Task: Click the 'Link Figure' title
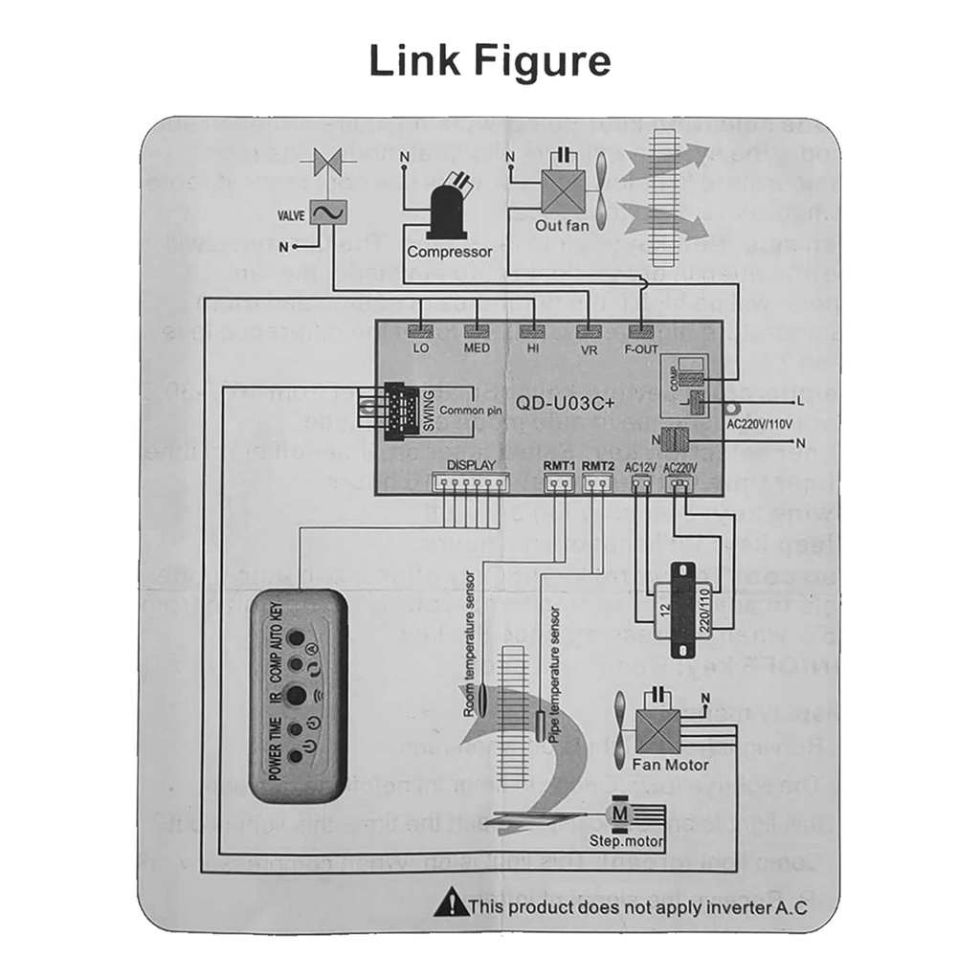[490, 62]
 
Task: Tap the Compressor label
[449, 253]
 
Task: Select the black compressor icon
[446, 210]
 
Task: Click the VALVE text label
[291, 216]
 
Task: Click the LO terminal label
[421, 348]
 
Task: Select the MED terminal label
[477, 348]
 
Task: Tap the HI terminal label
[533, 348]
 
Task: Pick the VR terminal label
[588, 349]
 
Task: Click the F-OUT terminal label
[641, 349]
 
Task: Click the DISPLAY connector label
[471, 465]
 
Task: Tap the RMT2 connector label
[597, 465]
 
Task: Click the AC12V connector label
[639, 467]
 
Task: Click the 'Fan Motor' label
[670, 765]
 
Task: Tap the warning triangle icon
[445, 902]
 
